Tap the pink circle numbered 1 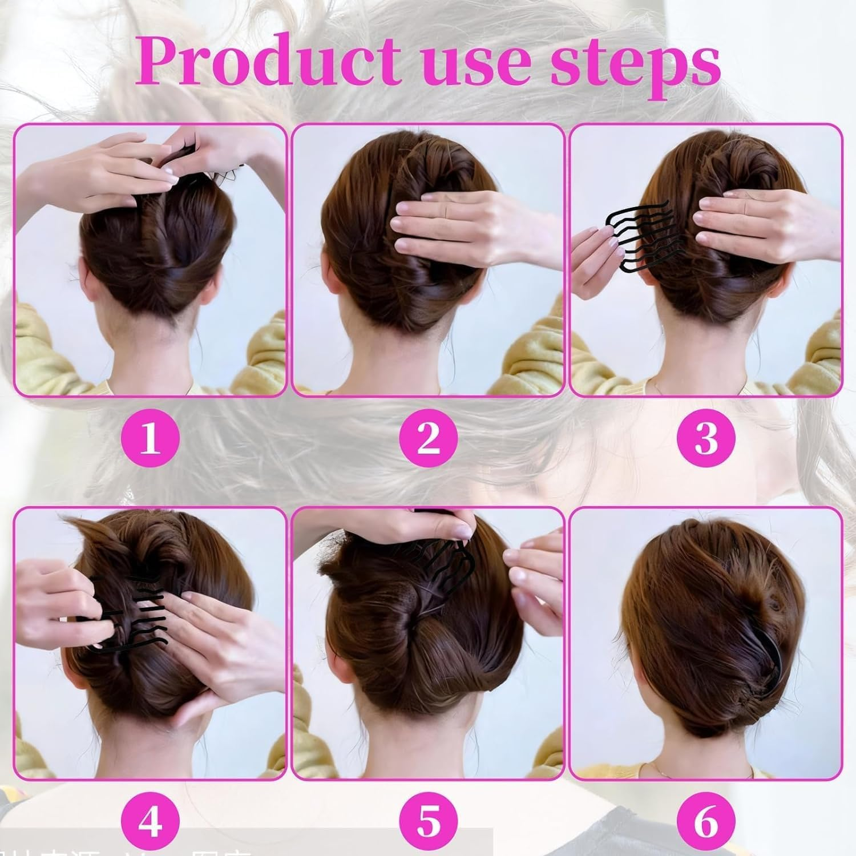150,440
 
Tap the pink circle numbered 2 428,440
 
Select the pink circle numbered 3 706,440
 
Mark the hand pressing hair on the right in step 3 753,223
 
